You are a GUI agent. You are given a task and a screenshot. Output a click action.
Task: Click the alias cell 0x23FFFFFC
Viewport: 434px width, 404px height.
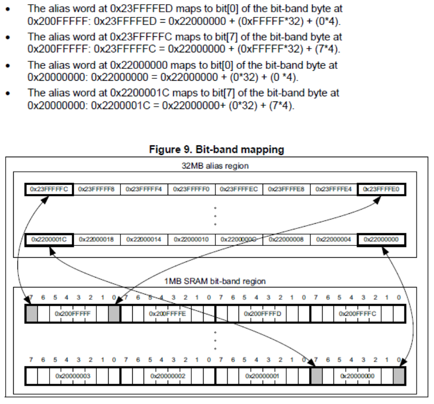(x=49, y=190)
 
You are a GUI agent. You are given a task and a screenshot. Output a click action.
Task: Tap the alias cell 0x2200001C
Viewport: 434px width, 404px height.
(x=49, y=240)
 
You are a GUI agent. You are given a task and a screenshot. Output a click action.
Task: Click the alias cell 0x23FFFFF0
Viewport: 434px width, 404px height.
(x=191, y=190)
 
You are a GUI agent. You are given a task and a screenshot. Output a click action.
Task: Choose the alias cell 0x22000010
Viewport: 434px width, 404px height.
(x=191, y=240)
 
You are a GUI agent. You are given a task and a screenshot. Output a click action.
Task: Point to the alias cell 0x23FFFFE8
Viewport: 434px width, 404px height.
(x=286, y=190)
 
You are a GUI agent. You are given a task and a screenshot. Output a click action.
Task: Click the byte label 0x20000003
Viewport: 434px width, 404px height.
(x=73, y=376)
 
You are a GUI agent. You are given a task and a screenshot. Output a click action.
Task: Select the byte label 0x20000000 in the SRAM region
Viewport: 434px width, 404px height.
(x=357, y=376)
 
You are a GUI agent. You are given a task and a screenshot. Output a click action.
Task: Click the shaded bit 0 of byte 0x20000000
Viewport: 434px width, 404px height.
(x=399, y=376)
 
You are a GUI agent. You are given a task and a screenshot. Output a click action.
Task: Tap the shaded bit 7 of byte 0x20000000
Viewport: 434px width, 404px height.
(x=316, y=376)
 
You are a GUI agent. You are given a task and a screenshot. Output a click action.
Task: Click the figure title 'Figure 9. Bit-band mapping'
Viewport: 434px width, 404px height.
(x=216, y=150)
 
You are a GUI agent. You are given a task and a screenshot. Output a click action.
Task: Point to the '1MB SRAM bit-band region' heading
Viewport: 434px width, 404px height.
(x=215, y=281)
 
